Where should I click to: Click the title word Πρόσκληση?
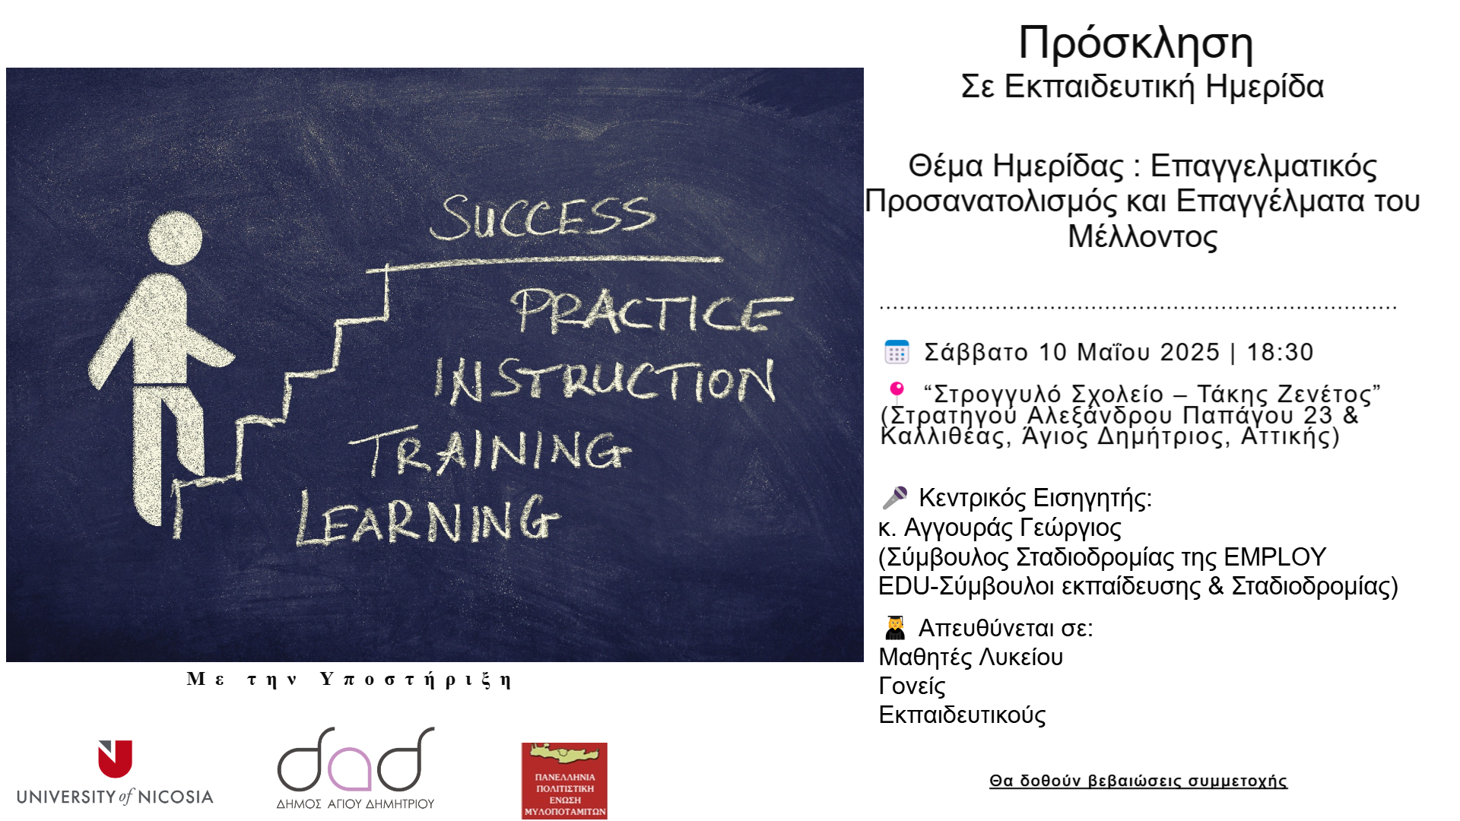(x=1135, y=44)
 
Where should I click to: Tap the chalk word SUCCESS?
(x=542, y=218)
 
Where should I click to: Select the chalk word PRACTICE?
(x=652, y=312)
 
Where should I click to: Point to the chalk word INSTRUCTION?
(x=605, y=381)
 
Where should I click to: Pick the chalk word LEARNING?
(x=428, y=518)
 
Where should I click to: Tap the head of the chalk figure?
(x=175, y=239)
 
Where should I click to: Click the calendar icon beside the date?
(x=897, y=352)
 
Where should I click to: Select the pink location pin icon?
(x=897, y=392)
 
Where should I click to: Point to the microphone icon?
(x=895, y=498)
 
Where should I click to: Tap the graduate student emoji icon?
(x=895, y=628)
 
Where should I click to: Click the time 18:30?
(x=1281, y=353)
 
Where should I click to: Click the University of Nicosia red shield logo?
(x=115, y=759)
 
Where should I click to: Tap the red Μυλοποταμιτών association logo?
(x=564, y=781)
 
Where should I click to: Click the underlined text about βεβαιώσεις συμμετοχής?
(x=1138, y=781)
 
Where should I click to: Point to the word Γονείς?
(x=912, y=686)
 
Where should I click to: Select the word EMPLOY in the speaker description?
(x=1275, y=557)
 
